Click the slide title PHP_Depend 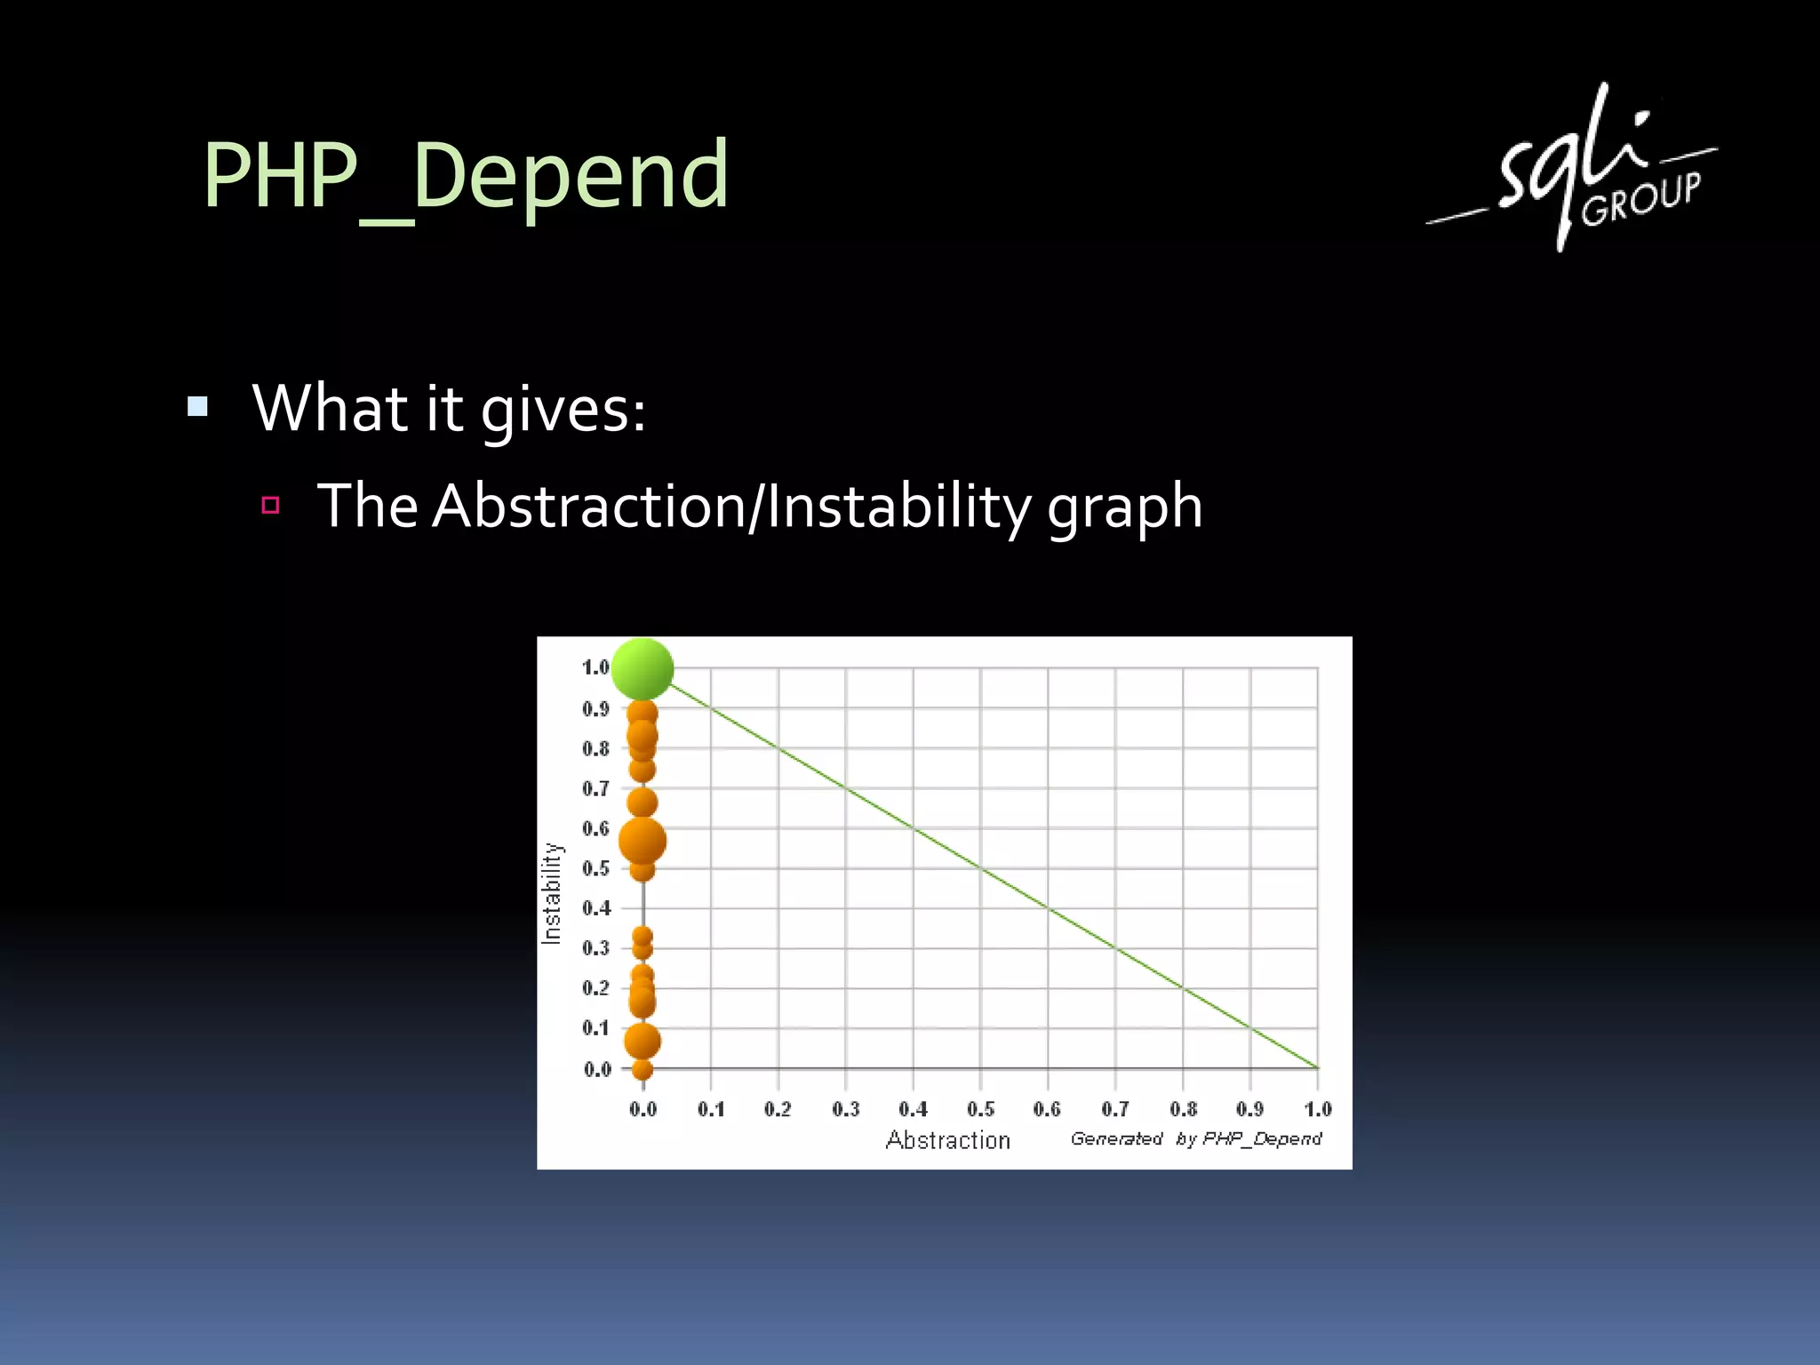466,176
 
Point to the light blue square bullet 197,407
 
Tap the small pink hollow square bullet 271,506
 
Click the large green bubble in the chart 643,668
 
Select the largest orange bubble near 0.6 642,841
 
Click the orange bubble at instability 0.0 643,1069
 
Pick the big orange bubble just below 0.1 642,1041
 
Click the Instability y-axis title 552,892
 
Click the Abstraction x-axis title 947,1140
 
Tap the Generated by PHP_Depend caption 1195,1138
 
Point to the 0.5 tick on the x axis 980,1109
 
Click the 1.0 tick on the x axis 1317,1109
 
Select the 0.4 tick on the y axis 596,908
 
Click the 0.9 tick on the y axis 596,709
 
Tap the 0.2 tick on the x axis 778,1109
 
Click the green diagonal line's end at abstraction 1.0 1316,1066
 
